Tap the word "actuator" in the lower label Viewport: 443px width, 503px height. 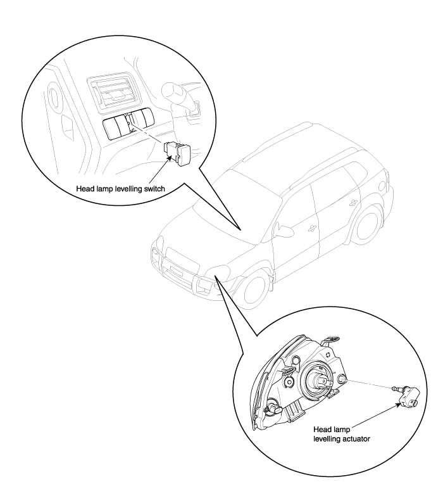point(356,439)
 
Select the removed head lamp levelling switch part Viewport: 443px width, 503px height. point(177,153)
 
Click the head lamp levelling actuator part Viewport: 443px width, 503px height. point(406,396)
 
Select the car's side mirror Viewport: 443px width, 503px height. point(284,231)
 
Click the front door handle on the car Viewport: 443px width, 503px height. point(310,228)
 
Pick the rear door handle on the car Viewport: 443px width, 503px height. point(353,202)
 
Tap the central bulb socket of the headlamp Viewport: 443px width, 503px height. point(320,380)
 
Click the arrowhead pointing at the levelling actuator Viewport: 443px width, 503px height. point(399,405)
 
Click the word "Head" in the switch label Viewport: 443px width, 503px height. point(84,189)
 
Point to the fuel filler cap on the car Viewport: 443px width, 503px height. point(382,186)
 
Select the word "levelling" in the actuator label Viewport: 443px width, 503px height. point(327,439)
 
